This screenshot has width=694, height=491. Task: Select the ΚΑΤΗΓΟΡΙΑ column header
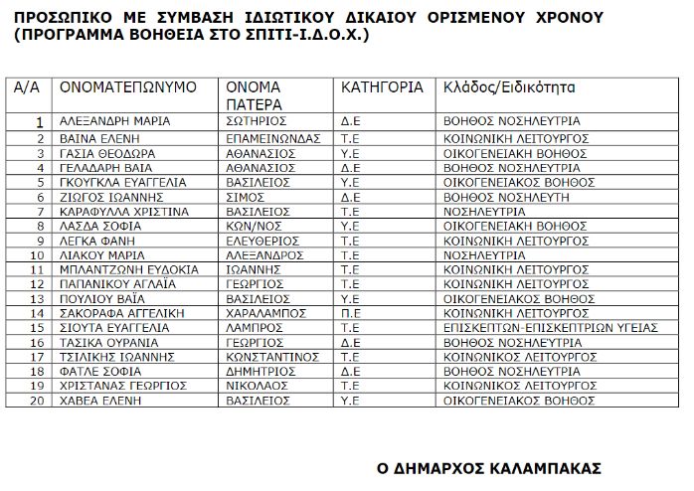382,87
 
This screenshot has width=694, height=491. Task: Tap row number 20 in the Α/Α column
38,401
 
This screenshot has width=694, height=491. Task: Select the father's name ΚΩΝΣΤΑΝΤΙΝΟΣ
274,356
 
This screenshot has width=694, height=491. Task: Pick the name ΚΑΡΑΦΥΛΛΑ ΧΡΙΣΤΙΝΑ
119,211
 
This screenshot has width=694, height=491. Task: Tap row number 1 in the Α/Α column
40,121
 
